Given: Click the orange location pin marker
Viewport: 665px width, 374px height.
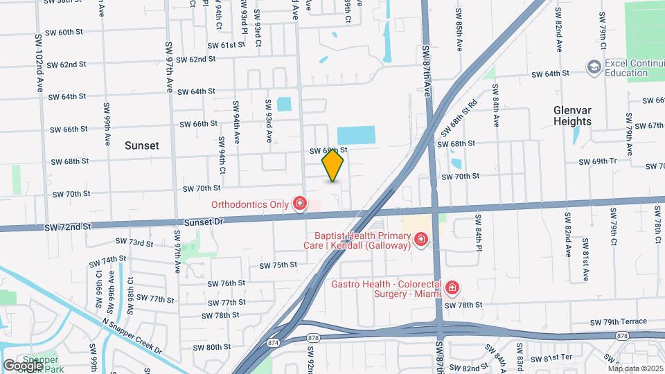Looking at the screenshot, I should pyautogui.click(x=333, y=166).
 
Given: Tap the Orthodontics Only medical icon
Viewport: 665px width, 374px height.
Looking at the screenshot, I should pyautogui.click(x=299, y=204).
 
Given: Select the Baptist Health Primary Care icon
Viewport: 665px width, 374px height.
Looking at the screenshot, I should pyautogui.click(x=420, y=240).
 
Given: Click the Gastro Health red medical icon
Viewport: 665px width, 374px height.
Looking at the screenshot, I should pyautogui.click(x=452, y=287).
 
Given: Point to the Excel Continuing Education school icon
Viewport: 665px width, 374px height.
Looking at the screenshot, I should pyautogui.click(x=594, y=66).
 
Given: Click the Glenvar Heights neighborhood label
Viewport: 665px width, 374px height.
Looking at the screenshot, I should pyautogui.click(x=572, y=116).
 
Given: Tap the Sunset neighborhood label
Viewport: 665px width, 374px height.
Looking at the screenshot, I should pyautogui.click(x=142, y=145).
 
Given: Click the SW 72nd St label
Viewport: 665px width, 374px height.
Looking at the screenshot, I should pyautogui.click(x=68, y=226).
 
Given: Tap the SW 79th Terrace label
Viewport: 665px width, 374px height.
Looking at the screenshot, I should pyautogui.click(x=619, y=322).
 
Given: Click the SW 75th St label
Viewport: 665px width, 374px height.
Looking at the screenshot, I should pyautogui.click(x=278, y=265).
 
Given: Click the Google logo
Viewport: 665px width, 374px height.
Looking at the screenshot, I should pyautogui.click(x=22, y=365).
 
